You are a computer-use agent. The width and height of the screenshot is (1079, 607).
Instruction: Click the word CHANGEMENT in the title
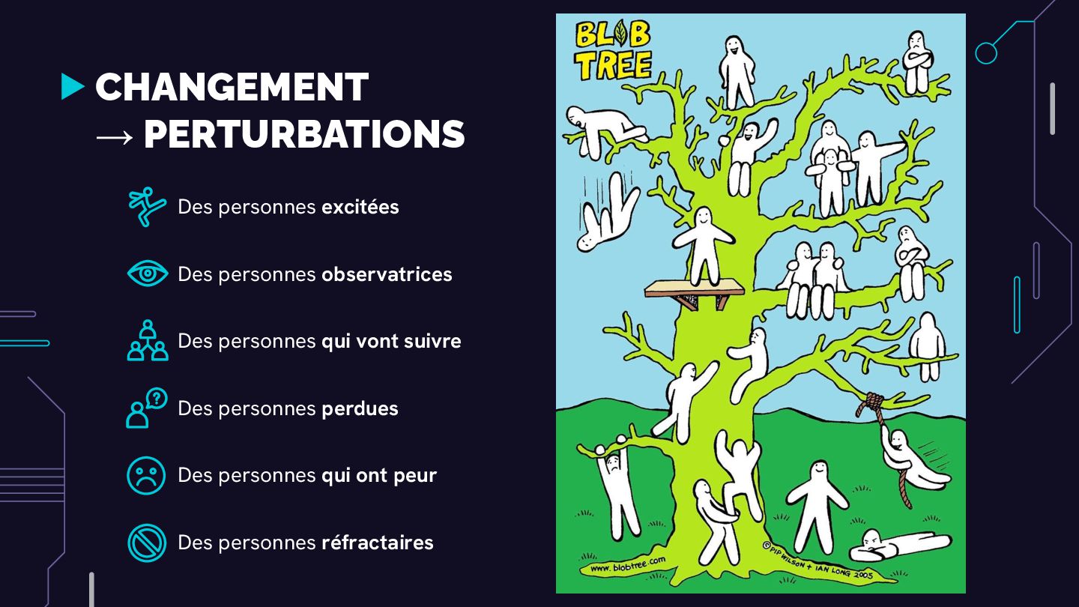pyautogui.click(x=232, y=88)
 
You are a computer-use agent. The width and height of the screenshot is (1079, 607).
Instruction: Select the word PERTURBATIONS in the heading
pyautogui.click(x=304, y=135)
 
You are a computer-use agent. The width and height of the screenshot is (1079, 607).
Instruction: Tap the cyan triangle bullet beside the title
pyautogui.click(x=72, y=87)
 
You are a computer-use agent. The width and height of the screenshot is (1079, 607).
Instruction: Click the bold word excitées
pyautogui.click(x=360, y=207)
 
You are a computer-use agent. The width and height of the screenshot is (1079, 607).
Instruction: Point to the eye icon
pyautogui.click(x=147, y=274)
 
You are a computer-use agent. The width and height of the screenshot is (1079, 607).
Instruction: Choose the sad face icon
pyautogui.click(x=146, y=475)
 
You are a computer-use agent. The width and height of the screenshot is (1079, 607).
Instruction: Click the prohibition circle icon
pyautogui.click(x=146, y=543)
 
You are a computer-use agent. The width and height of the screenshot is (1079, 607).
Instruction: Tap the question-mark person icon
pyautogui.click(x=146, y=408)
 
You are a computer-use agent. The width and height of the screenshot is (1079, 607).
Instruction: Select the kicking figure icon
pyautogui.click(x=146, y=206)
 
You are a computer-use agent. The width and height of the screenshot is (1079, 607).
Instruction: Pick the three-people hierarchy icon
pyautogui.click(x=147, y=341)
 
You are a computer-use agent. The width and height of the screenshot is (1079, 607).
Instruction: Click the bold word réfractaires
pyautogui.click(x=378, y=543)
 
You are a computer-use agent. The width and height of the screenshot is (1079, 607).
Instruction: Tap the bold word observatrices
pyautogui.click(x=387, y=274)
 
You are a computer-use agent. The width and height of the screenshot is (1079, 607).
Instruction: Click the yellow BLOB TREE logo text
pyautogui.click(x=613, y=50)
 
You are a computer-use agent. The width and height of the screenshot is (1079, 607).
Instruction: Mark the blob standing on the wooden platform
pyautogui.click(x=703, y=245)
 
